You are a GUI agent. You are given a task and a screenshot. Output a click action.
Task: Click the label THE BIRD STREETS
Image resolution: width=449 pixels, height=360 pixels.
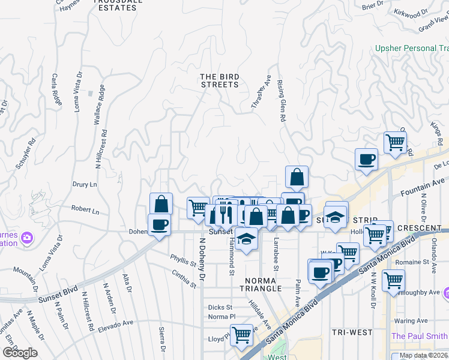coord(220,80)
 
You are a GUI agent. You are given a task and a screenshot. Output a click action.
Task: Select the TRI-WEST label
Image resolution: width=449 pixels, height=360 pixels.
coord(352,332)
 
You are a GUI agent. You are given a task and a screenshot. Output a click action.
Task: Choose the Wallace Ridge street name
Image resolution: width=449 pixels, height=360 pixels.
coord(98,104)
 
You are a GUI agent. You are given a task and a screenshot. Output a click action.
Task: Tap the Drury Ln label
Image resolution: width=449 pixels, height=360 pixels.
coord(85,185)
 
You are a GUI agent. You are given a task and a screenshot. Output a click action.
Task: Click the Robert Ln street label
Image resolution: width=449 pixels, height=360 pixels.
coord(85,210)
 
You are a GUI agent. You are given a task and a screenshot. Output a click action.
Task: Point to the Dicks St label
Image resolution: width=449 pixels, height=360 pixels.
coord(220,307)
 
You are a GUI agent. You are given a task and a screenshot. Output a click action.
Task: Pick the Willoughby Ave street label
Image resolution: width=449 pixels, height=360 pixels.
coord(421,292)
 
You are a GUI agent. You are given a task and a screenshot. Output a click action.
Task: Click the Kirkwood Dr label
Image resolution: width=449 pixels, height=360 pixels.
coord(412,12)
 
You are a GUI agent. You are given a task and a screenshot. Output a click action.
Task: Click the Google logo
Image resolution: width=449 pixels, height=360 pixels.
coord(20,352)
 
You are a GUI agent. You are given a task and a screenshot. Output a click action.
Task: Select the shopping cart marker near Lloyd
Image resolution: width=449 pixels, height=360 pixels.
coord(241,334)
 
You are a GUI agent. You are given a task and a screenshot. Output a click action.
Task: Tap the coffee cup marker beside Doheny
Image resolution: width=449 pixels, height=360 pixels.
coord(160,224)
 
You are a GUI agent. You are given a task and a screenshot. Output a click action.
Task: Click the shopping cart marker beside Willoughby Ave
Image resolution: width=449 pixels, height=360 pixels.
coord(393,280)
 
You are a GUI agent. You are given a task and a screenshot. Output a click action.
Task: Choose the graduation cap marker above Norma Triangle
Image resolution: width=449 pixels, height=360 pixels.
coord(246,238)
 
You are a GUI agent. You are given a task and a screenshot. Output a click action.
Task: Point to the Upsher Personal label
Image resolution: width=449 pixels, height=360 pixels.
coord(411,48)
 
